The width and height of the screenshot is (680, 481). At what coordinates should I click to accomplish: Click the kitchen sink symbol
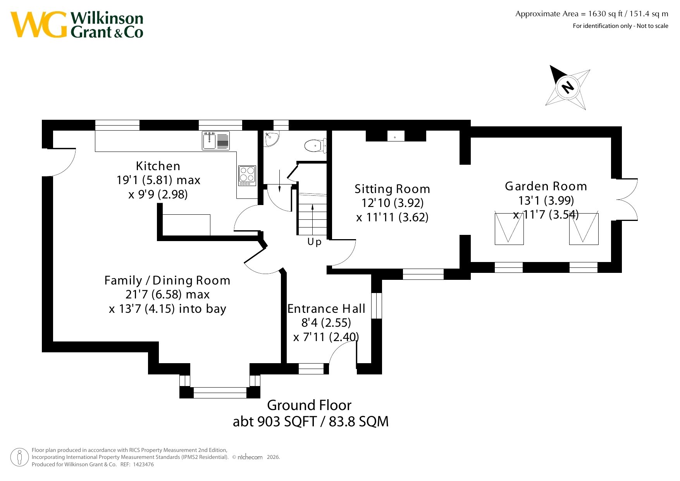(x=216, y=140)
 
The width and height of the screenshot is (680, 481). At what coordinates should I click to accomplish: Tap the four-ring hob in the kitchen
(x=247, y=176)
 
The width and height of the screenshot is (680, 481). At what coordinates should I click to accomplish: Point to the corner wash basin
(x=271, y=139)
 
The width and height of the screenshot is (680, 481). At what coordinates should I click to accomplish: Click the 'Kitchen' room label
(x=158, y=166)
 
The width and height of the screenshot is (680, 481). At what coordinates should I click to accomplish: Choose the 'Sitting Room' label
(x=393, y=189)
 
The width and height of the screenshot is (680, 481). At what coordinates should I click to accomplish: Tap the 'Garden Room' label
(x=546, y=186)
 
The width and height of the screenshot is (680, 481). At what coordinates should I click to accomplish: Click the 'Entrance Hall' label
(x=326, y=309)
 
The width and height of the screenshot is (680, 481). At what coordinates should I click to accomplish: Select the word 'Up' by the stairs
(x=314, y=242)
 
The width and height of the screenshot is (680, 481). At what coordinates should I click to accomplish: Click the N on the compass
(x=568, y=87)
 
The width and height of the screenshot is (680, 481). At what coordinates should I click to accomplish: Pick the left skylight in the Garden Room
(x=509, y=229)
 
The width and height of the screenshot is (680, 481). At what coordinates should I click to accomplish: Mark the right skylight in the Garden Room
(x=584, y=229)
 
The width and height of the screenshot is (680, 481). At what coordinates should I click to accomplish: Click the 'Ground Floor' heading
(x=309, y=405)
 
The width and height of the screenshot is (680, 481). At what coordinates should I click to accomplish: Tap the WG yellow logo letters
(x=39, y=24)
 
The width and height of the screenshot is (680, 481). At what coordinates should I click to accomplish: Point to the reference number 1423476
(x=143, y=464)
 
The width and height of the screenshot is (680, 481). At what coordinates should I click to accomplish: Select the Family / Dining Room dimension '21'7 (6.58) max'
(x=167, y=295)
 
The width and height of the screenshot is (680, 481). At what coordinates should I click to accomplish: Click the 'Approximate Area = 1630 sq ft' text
(x=569, y=14)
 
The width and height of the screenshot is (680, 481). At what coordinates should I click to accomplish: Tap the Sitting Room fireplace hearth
(x=396, y=136)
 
